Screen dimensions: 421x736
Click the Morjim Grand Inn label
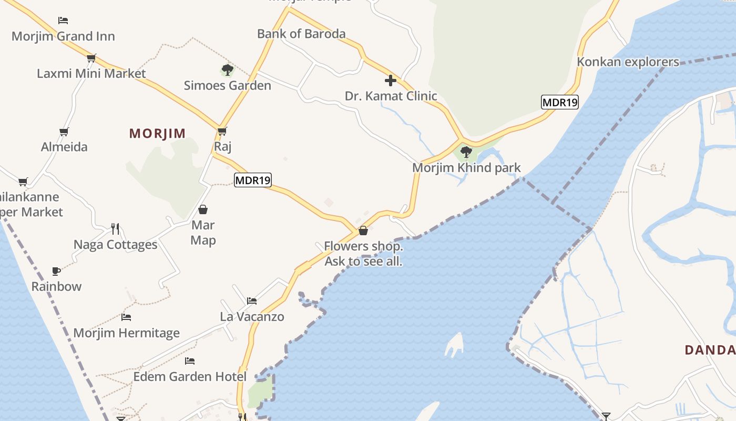tap(63, 36)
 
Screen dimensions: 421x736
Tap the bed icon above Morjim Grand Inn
tap(63, 21)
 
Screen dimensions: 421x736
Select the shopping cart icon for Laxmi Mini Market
tap(91, 58)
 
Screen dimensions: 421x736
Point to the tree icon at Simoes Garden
tap(227, 70)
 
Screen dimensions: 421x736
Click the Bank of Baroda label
tap(301, 34)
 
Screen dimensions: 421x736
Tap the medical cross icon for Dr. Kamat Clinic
tap(391, 81)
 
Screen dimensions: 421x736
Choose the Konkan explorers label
tap(628, 62)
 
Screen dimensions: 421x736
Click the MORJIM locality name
tap(158, 133)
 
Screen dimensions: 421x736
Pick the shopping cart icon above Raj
tap(222, 131)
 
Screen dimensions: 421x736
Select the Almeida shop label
tap(64, 147)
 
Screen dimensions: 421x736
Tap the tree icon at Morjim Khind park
tap(466, 153)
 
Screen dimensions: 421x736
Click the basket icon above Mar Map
tap(203, 210)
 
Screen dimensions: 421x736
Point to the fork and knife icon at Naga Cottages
tap(115, 229)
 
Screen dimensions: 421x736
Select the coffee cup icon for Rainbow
tap(56, 271)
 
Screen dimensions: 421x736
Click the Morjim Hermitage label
tap(126, 333)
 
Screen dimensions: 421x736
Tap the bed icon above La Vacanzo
tap(252, 301)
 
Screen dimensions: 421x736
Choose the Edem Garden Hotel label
tap(190, 377)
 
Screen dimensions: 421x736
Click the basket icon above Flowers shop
tap(363, 230)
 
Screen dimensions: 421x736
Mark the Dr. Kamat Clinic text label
tap(391, 96)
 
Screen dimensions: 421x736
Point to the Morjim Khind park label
tap(466, 168)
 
